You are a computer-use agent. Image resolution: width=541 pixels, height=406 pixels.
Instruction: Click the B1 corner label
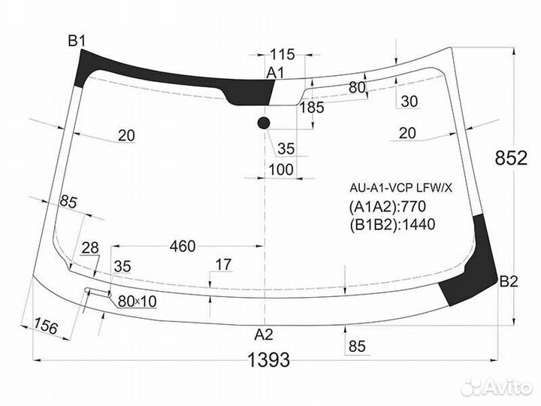[77, 41]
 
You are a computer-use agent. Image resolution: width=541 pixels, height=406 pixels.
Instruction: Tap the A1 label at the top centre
[276, 72]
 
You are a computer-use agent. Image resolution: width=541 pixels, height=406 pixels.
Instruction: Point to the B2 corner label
[509, 283]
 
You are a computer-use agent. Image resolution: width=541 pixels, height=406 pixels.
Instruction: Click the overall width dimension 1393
[269, 360]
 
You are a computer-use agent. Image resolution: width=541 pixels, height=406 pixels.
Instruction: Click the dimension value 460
[183, 246]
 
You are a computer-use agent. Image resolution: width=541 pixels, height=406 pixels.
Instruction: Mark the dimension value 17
[223, 265]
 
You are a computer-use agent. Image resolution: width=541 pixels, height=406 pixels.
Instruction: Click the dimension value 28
[90, 249]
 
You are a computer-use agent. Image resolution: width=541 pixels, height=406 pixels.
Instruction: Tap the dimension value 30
[410, 101]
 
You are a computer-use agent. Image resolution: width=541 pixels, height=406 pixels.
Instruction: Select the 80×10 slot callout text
[138, 301]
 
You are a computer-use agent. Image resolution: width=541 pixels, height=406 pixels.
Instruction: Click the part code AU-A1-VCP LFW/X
[400, 188]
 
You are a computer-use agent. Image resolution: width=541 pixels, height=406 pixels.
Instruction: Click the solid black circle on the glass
[264, 123]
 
